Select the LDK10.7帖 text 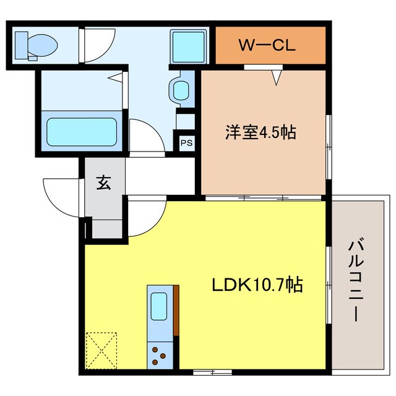click(x=257, y=285)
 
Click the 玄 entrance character click(x=103, y=183)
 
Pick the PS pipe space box click(x=186, y=142)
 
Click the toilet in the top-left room click(x=37, y=45)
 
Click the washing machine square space click(x=184, y=45)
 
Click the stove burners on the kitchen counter click(x=159, y=356)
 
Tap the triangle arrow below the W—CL click(x=277, y=77)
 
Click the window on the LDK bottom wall click(x=204, y=372)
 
